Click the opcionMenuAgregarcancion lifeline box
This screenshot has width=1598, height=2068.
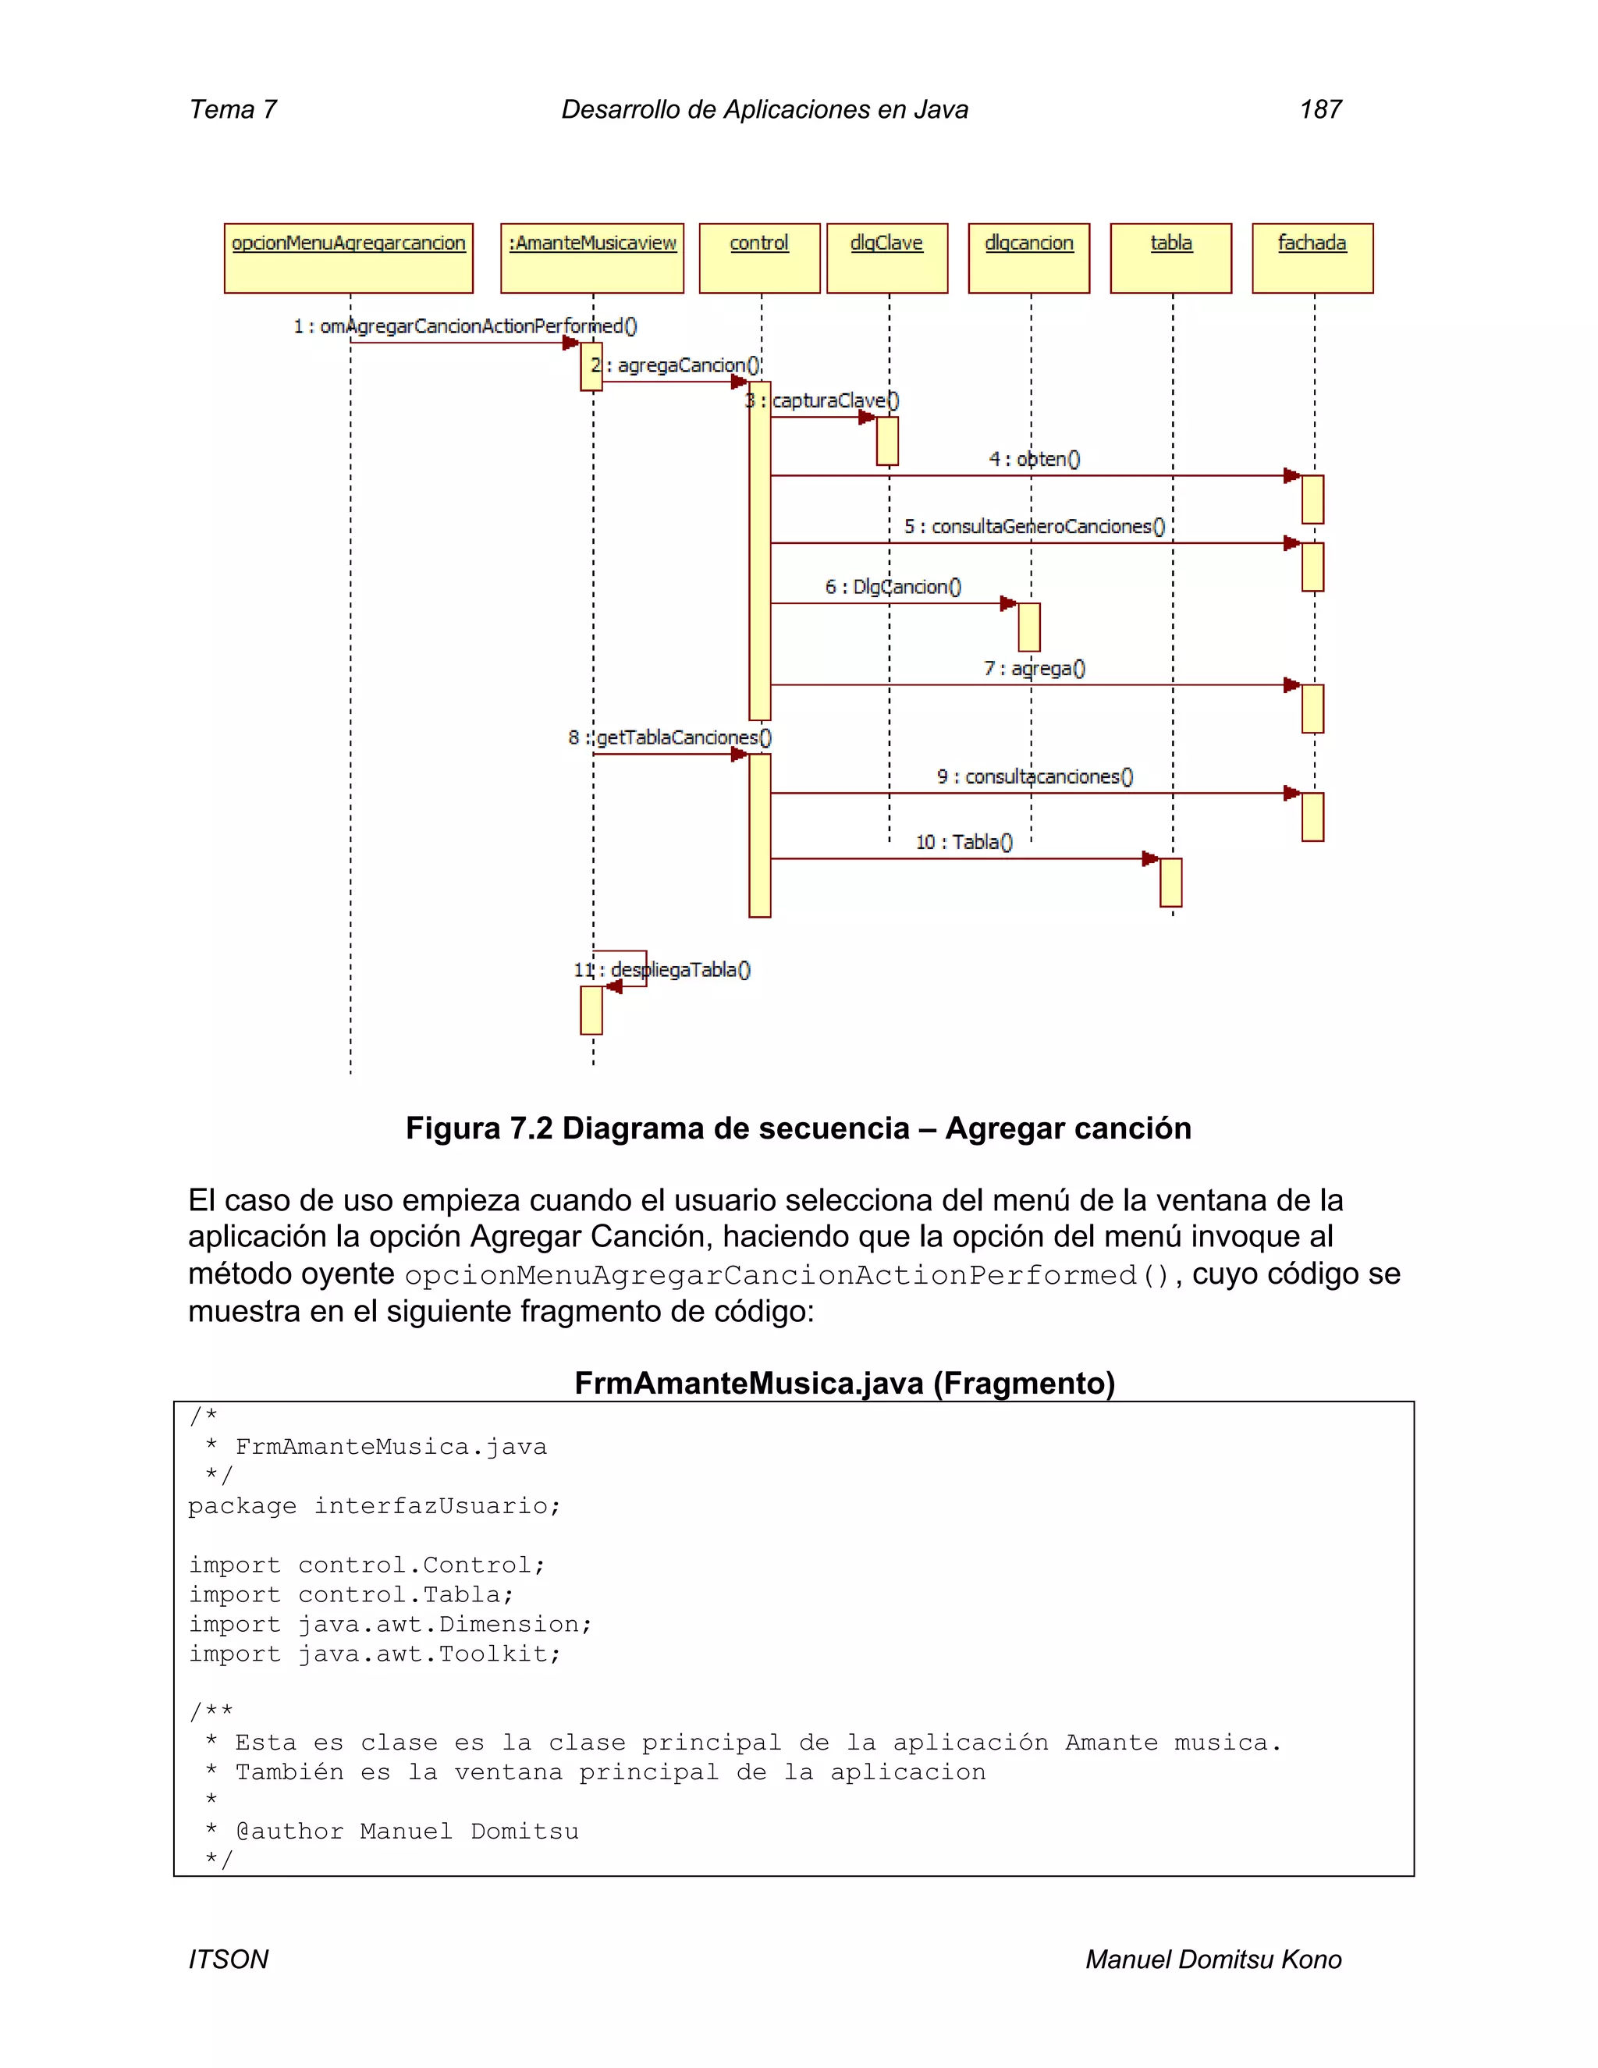[348, 258]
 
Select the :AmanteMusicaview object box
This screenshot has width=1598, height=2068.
[591, 258]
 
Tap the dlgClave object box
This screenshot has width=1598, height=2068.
[886, 258]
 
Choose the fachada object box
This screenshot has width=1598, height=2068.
[1312, 258]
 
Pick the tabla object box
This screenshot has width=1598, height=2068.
[1170, 258]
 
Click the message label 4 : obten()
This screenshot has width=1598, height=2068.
[1034, 459]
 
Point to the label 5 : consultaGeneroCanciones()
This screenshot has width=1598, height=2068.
[1034, 527]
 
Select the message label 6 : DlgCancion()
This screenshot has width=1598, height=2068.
[893, 587]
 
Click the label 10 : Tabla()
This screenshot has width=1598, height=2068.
[964, 842]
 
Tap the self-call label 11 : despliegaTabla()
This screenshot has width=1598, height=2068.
[662, 969]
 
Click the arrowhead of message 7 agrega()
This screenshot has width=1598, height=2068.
[1291, 684]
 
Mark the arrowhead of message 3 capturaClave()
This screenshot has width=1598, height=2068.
[866, 418]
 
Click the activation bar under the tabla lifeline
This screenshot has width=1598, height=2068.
[1170, 883]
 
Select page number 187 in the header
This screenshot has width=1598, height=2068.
[1319, 110]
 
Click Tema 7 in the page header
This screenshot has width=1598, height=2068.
[233, 110]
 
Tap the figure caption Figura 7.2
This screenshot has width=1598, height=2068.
[798, 1128]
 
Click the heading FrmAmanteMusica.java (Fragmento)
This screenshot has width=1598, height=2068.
[844, 1384]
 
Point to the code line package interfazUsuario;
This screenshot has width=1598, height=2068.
[374, 1506]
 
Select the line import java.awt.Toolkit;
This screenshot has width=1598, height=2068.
[374, 1654]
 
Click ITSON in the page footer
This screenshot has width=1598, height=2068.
[228, 1959]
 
